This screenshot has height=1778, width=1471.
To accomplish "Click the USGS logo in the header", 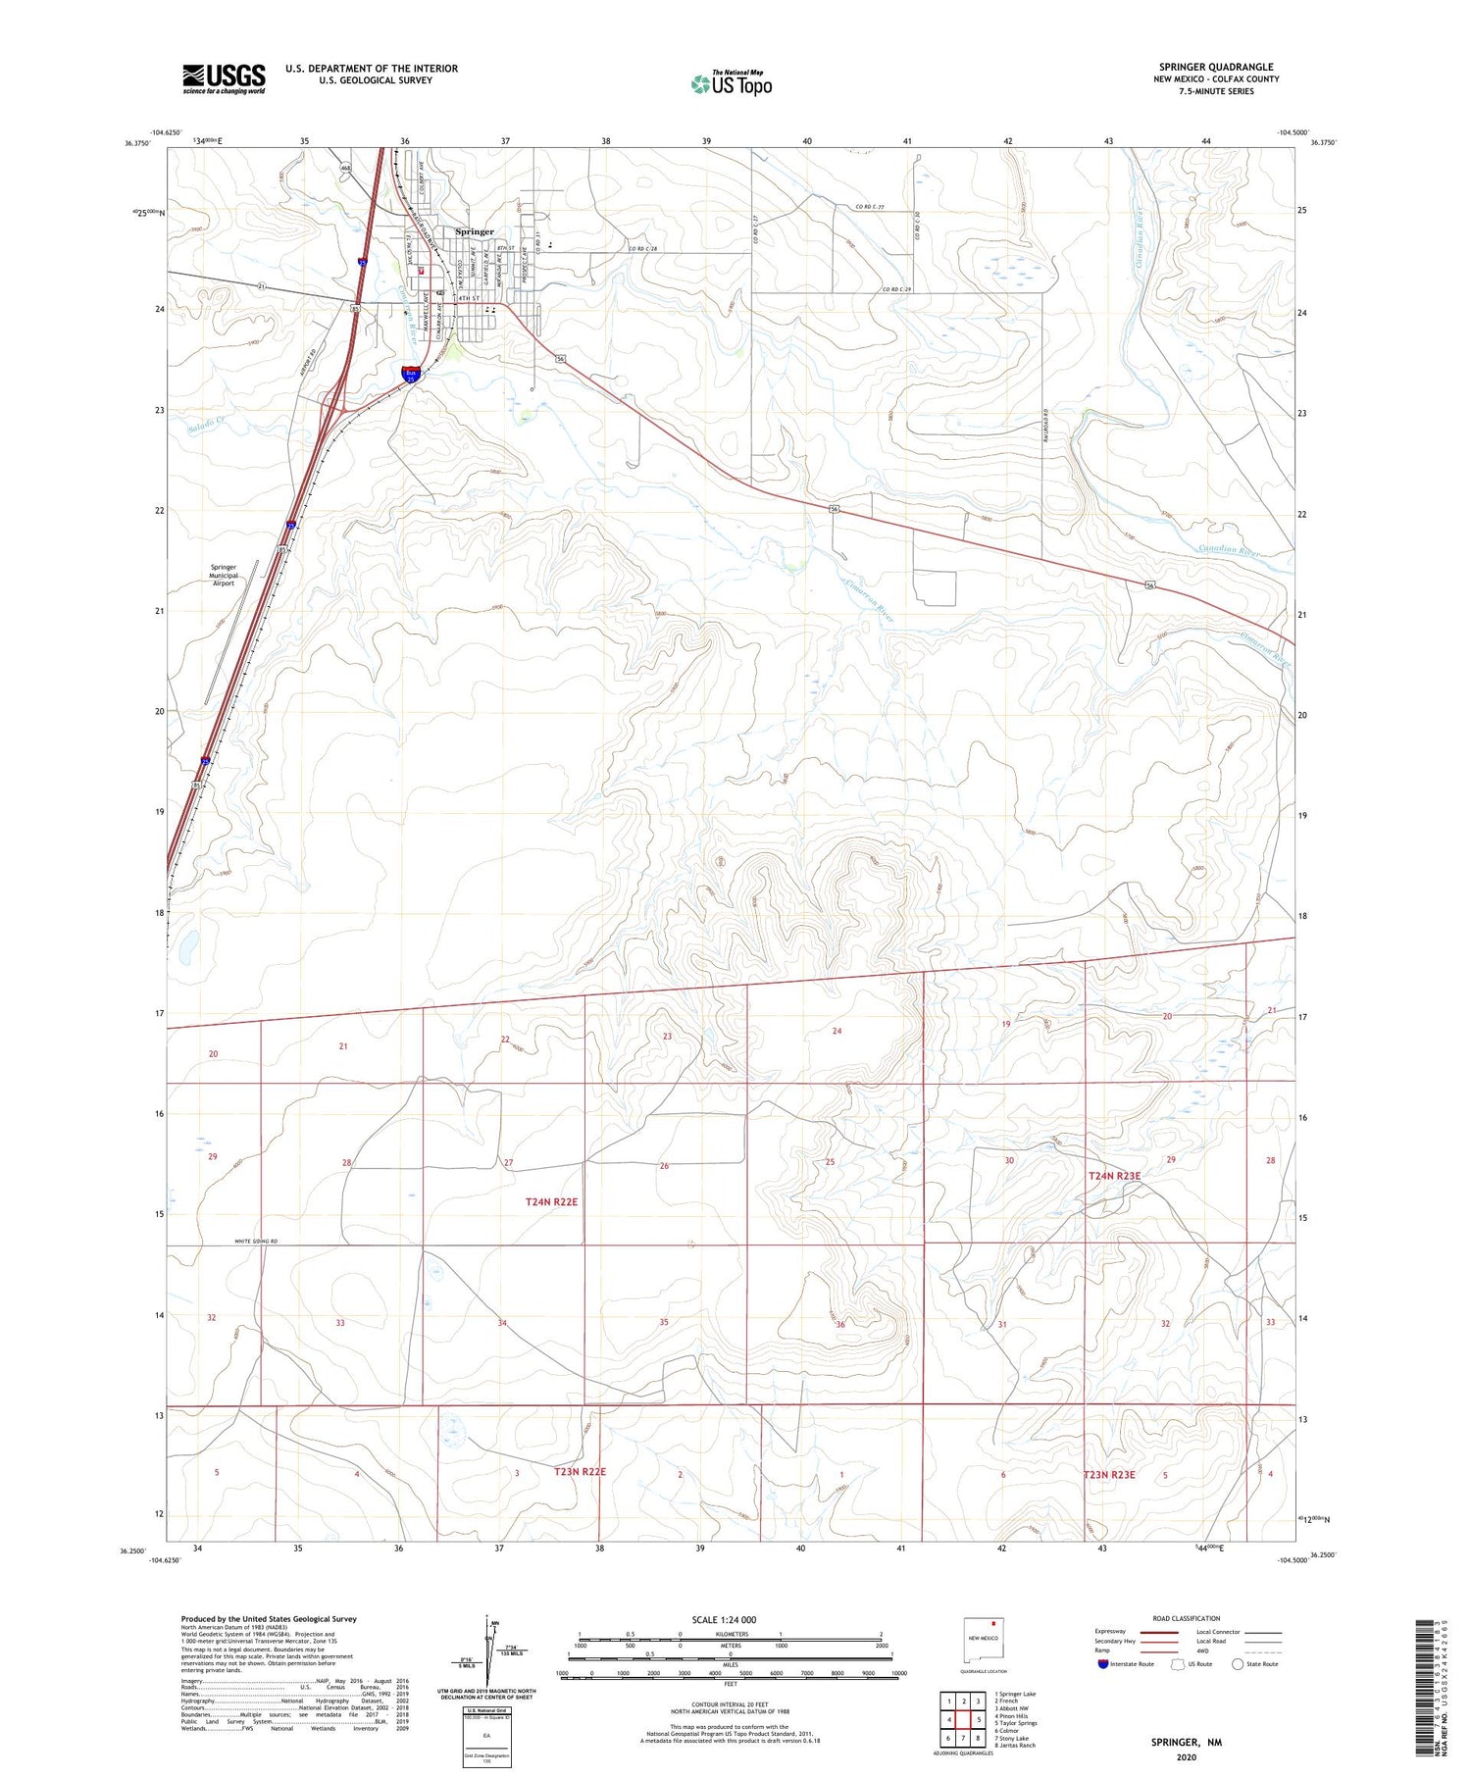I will point(223,78).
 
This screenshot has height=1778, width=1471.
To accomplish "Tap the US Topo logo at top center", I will point(731,84).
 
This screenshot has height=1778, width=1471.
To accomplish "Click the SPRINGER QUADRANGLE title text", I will point(1216,67).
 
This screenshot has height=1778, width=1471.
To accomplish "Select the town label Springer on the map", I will point(475,231).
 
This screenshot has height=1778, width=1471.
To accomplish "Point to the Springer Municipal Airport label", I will point(224,575).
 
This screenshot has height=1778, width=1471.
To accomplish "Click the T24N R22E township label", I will point(552,1201).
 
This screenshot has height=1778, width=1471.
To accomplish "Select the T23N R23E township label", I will point(1109,1474).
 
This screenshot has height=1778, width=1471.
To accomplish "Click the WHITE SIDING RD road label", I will point(256,1242).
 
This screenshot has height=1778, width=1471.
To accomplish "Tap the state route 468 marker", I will point(346,169).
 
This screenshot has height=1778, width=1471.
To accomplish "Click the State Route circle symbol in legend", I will point(1238,1664).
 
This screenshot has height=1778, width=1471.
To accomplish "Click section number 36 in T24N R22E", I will point(840,1324).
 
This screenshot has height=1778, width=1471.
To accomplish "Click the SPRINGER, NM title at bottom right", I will point(1186,1742).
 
